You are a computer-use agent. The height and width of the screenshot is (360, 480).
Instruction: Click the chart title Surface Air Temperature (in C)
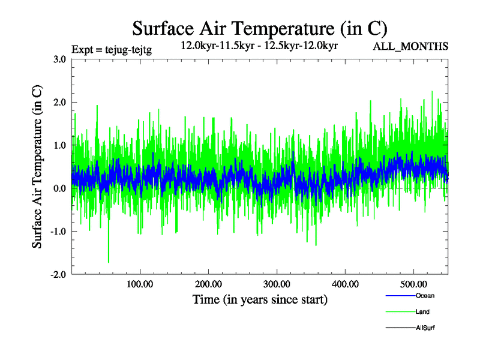pyautogui.click(x=260, y=28)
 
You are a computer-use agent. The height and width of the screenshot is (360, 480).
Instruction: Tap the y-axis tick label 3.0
pyautogui.click(x=59, y=59)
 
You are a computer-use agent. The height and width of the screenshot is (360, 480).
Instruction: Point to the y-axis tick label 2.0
pyautogui.click(x=59, y=102)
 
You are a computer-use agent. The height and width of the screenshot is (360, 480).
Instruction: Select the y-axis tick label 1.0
pyautogui.click(x=59, y=145)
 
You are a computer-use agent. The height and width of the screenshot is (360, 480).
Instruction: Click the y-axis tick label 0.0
pyautogui.click(x=59, y=188)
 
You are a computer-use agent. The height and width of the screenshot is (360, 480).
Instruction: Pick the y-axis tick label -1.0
pyautogui.click(x=58, y=232)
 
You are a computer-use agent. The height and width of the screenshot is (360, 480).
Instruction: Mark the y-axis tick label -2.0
pyautogui.click(x=58, y=275)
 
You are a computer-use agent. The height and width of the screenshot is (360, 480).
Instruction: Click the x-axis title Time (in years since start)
pyautogui.click(x=260, y=299)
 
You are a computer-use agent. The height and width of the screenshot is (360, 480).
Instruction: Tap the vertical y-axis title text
pyautogui.click(x=37, y=167)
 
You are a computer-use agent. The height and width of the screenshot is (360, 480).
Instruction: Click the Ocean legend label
pyautogui.click(x=425, y=296)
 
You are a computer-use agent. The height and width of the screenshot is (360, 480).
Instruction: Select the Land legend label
pyautogui.click(x=422, y=312)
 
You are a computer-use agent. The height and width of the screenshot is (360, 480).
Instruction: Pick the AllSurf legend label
pyautogui.click(x=425, y=328)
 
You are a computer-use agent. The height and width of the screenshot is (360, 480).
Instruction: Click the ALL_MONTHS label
pyautogui.click(x=411, y=47)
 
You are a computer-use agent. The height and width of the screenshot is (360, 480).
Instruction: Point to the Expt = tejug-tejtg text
pyautogui.click(x=112, y=50)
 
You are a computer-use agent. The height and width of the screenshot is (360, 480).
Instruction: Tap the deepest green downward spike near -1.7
pyautogui.click(x=109, y=261)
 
